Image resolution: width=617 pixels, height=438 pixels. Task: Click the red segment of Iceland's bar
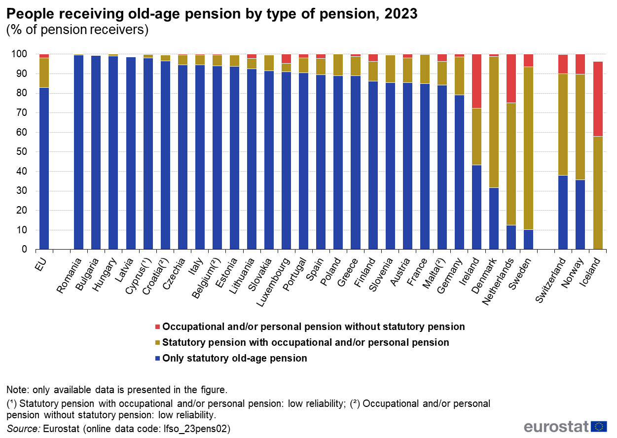[598, 99]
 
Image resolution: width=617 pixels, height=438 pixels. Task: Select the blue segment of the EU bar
[44, 168]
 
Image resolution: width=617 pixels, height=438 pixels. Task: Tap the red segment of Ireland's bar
[476, 81]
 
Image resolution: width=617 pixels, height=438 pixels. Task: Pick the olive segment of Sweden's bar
[528, 148]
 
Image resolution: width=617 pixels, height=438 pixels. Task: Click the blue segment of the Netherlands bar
[511, 237]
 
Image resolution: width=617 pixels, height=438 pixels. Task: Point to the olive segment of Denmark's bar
[494, 122]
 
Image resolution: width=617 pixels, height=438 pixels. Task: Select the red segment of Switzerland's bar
[563, 64]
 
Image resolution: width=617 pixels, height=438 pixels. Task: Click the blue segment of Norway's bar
[581, 215]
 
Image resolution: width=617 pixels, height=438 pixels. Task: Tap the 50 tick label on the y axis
[22, 152]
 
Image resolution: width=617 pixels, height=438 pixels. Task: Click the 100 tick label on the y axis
[19, 54]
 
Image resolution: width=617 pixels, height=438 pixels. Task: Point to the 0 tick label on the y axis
[24, 249]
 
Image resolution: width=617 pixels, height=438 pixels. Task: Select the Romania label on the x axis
[69, 275]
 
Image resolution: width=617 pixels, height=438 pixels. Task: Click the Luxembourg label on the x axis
[273, 282]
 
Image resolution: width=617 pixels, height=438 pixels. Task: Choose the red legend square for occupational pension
[157, 327]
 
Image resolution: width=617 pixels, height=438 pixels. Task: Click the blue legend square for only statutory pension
[157, 359]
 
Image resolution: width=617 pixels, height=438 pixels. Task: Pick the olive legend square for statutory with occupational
[157, 343]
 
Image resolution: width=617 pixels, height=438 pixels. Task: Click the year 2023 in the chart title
[401, 13]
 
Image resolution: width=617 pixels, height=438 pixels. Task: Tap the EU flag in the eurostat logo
[599, 427]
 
